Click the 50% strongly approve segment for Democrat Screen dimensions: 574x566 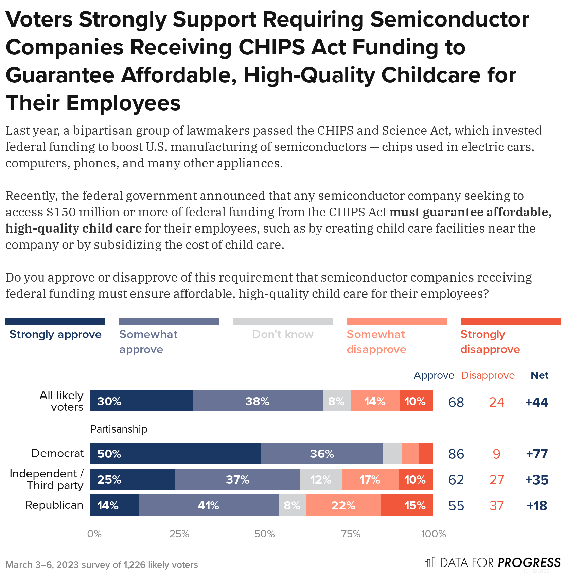(x=175, y=453)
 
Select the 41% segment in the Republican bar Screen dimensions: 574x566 (x=209, y=505)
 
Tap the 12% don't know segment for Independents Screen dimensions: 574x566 (x=321, y=479)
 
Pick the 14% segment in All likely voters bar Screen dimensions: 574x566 (x=375, y=401)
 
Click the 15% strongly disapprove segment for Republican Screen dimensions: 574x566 (x=407, y=505)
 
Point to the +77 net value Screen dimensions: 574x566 (x=536, y=454)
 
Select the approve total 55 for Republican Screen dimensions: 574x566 (x=456, y=506)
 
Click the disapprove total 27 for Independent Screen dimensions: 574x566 (x=496, y=480)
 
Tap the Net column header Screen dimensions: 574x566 (x=540, y=375)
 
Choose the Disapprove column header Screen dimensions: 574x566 (x=488, y=375)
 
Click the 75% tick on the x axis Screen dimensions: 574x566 (x=351, y=534)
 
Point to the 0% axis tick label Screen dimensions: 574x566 (x=94, y=534)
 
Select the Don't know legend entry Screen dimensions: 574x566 (x=283, y=334)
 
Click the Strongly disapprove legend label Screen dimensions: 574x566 (x=490, y=341)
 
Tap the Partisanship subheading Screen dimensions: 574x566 (x=119, y=429)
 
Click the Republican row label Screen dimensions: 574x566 (x=54, y=505)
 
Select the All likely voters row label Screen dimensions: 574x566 (x=61, y=401)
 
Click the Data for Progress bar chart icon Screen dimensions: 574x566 (x=429, y=562)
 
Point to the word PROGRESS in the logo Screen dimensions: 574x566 (x=529, y=562)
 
